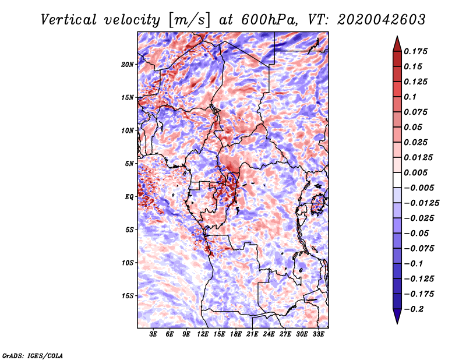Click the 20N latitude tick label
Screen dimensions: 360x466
pyautogui.click(x=128, y=64)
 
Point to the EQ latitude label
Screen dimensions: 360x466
pyautogui.click(x=129, y=197)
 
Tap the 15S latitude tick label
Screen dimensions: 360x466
pyautogui.click(x=128, y=296)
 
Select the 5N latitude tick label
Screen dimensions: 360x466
pyautogui.click(x=129, y=164)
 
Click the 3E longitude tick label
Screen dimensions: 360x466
pyautogui.click(x=153, y=334)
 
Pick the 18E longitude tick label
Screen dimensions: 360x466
pyautogui.click(x=235, y=334)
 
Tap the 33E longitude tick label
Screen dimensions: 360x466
pyautogui.click(x=317, y=334)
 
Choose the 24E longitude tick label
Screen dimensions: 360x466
pyautogui.click(x=269, y=334)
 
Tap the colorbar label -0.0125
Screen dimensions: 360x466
pyautogui.click(x=422, y=203)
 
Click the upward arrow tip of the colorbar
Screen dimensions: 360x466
pyautogui.click(x=396, y=38)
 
